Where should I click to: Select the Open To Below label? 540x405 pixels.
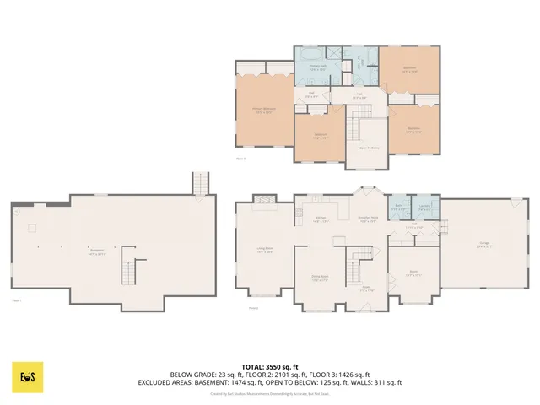tap(369, 148)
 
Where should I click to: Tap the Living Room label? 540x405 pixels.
tap(264, 250)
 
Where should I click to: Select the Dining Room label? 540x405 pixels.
tap(320, 279)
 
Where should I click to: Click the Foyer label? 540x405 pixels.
tap(366, 289)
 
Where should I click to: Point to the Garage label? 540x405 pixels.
tap(485, 245)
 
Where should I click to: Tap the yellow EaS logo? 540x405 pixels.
tap(27, 377)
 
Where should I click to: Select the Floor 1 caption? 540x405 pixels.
tap(17, 300)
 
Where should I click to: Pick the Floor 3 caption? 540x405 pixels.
tap(240, 158)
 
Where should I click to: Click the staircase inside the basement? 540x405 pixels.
tap(128, 267)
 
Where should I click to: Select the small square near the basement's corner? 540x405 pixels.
tap(31, 228)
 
